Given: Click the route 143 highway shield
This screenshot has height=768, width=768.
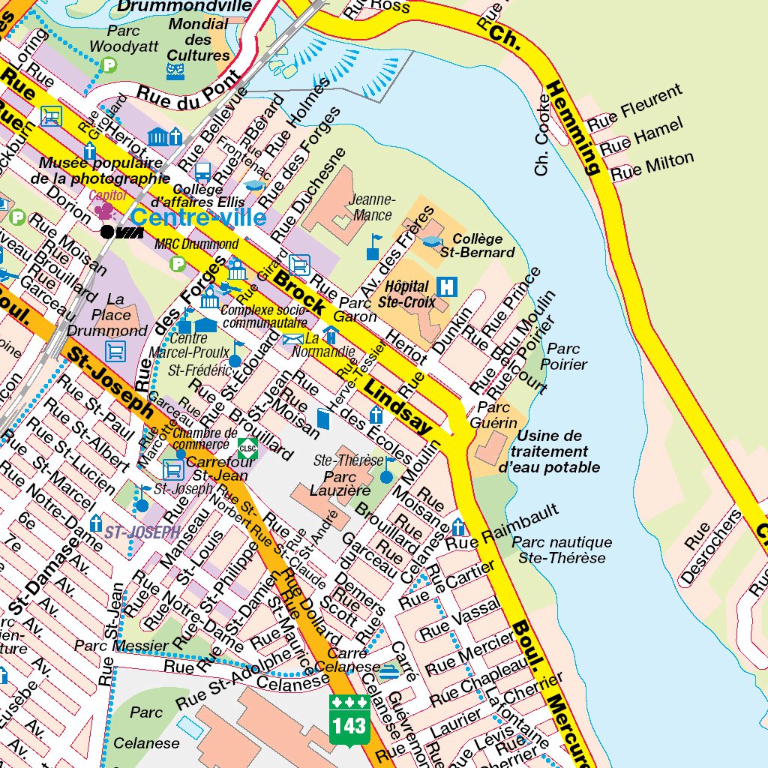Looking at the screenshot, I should click(349, 718).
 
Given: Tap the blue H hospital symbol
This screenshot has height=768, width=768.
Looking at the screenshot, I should click(448, 286).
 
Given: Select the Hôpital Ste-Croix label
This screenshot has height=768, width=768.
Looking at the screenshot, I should click(406, 294).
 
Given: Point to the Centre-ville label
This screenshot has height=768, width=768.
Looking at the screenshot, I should click(198, 217).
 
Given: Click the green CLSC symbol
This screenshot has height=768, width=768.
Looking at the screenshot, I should click(247, 448).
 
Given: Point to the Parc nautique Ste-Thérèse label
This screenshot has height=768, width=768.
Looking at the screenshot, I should click(562, 550).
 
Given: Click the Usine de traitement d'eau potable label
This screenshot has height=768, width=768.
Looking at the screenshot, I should click(550, 451).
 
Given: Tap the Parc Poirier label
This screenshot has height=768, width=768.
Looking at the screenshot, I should click(567, 356).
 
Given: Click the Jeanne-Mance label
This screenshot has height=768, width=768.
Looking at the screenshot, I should click(372, 207).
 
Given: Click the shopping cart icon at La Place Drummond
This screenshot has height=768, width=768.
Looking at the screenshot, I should click(116, 350).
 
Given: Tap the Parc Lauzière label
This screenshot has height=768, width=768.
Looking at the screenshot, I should click(346, 483).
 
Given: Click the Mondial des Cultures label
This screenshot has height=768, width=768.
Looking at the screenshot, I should click(199, 40).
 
